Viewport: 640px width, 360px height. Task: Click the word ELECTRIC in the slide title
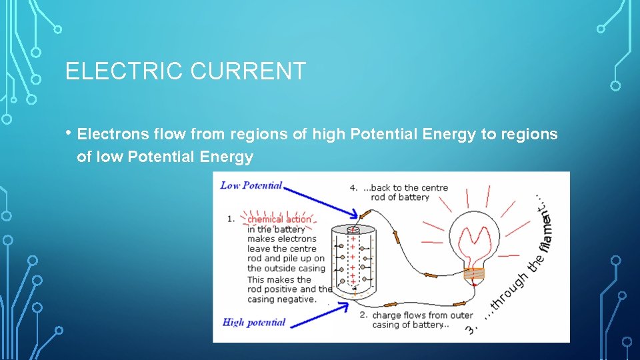point(124,71)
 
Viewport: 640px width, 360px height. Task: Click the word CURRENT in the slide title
point(247,71)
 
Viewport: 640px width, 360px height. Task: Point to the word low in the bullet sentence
point(111,157)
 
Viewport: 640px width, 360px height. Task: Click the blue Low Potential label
point(251,185)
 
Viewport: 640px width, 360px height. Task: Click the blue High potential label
point(253,323)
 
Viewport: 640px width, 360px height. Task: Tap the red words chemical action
point(279,219)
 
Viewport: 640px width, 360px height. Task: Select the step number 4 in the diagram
point(353,188)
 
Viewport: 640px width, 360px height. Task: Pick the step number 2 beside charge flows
point(363,315)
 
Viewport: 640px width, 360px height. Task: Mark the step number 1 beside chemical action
point(231,219)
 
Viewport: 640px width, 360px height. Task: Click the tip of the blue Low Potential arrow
point(359,215)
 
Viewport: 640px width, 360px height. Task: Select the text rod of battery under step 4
point(400,197)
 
